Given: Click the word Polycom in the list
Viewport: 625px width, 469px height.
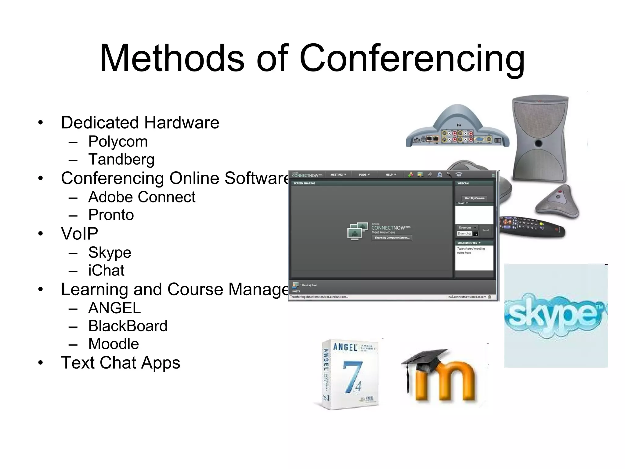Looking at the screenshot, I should (118, 142).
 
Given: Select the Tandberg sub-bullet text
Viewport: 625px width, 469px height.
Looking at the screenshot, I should (121, 159).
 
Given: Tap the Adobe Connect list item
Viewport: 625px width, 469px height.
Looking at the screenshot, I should (142, 197).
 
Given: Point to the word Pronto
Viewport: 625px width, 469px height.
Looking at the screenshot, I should (111, 215).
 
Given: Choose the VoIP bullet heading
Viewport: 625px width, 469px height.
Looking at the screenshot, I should (79, 234).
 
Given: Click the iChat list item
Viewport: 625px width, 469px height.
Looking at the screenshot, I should (106, 271).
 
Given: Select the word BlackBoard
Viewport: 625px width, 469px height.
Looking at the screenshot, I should (128, 326).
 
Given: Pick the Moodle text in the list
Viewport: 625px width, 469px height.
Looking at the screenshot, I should (114, 344).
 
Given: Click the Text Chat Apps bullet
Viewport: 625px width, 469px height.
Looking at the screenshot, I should (121, 363).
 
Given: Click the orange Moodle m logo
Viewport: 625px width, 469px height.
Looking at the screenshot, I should (446, 382).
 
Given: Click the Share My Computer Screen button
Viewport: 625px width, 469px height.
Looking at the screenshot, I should (392, 238).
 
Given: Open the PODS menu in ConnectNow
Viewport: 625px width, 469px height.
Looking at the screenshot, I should (364, 175).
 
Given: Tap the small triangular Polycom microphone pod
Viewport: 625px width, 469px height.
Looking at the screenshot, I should (557, 202).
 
